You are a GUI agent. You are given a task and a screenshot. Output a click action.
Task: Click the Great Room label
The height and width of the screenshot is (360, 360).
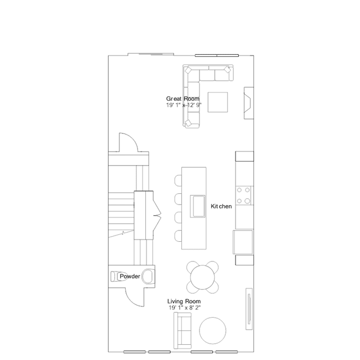[183, 99]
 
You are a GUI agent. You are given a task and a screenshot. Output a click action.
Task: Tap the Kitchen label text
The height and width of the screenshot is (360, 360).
[221, 207]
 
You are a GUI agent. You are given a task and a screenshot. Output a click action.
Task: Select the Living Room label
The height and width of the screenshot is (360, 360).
[184, 301]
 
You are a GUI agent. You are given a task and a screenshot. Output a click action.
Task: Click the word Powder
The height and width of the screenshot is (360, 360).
[129, 276]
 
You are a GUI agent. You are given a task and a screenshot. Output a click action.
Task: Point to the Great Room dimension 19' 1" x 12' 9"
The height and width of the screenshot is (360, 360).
[184, 105]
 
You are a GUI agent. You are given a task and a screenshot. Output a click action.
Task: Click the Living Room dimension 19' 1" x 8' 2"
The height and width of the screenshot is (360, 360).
[184, 308]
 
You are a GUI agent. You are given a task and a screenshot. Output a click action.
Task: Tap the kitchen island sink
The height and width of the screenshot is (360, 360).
[198, 205]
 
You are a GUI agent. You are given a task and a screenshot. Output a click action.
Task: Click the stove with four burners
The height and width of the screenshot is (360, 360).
[244, 195]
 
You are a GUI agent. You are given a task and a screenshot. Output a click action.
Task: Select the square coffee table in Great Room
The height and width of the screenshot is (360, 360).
[219, 102]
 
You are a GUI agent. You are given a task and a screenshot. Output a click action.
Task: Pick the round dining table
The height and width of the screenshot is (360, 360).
[202, 276]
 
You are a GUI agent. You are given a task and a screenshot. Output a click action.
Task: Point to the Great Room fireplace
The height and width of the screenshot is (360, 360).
[248, 104]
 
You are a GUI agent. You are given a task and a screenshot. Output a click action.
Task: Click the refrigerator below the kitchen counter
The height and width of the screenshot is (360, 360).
[244, 242]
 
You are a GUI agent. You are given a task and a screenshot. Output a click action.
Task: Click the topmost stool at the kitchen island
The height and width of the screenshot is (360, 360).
[178, 180]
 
